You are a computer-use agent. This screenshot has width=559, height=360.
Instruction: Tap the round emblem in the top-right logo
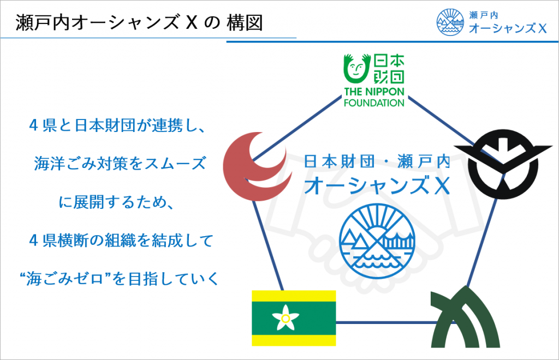[450, 22]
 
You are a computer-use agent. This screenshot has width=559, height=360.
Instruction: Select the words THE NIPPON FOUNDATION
[373, 96]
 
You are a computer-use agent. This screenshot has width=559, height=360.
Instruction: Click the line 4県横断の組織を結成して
[118, 240]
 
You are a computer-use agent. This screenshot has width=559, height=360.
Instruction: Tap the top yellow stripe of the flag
[294, 297]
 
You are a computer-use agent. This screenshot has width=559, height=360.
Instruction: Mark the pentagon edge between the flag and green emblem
[382, 322]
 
